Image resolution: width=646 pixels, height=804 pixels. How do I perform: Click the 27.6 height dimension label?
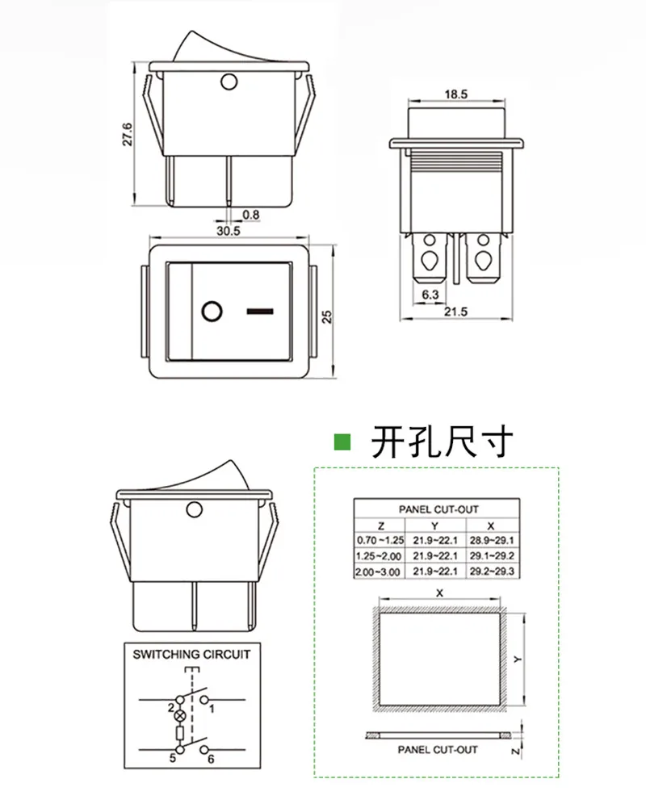(128, 134)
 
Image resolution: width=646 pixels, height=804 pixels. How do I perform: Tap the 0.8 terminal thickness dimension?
(250, 215)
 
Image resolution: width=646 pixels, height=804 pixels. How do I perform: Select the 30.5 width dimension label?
(229, 230)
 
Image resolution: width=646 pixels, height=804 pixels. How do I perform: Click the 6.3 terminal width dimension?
(430, 295)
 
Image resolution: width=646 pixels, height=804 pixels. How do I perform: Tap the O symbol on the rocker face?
(211, 311)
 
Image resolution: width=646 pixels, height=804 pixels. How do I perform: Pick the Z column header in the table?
(371, 525)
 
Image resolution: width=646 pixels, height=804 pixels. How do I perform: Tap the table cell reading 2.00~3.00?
(378, 572)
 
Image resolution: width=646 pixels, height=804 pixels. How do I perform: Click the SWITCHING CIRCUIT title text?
(191, 655)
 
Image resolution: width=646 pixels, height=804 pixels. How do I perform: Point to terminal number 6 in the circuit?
(212, 760)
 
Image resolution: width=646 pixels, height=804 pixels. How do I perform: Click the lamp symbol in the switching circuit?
(179, 715)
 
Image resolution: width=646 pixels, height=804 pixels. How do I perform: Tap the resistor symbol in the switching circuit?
(179, 734)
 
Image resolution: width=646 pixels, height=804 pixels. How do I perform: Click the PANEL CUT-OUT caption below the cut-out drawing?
(437, 749)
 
